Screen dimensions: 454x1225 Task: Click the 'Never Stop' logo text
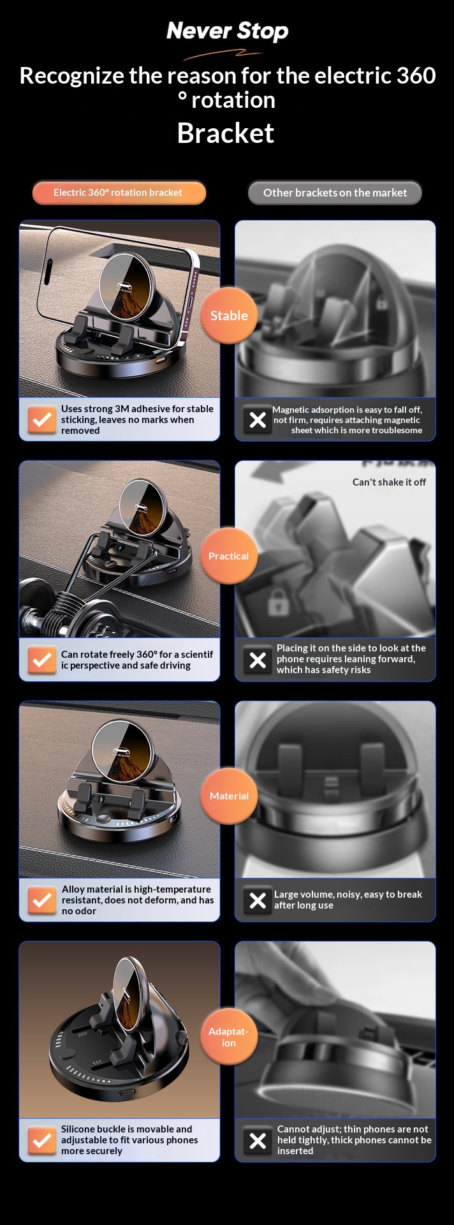pos(227,31)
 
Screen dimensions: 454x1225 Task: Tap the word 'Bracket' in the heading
pos(226,133)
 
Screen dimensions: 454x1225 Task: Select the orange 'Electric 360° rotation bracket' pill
pos(119,193)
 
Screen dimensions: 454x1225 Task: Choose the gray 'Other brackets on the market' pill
pos(335,193)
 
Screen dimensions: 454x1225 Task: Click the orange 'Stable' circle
pos(229,315)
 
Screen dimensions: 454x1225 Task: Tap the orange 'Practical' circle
pos(229,556)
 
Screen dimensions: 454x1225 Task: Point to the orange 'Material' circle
pos(229,796)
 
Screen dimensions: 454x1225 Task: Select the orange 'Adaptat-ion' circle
pos(229,1037)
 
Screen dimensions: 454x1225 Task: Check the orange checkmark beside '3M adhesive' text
pos(42,420)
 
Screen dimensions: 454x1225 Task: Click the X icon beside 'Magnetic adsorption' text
pos(258,420)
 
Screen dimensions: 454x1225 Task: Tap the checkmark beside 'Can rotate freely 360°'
pos(42,660)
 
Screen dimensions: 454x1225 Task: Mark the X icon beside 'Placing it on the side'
pos(258,660)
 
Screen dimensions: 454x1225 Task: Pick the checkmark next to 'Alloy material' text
pos(42,900)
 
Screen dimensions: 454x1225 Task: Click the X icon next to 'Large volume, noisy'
pos(258,900)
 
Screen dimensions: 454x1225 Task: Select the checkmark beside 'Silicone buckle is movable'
pos(42,1140)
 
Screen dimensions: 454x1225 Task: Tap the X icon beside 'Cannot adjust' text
pos(258,1140)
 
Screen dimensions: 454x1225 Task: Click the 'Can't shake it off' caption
pos(389,482)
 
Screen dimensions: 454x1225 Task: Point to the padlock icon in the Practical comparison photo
pos(277,602)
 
